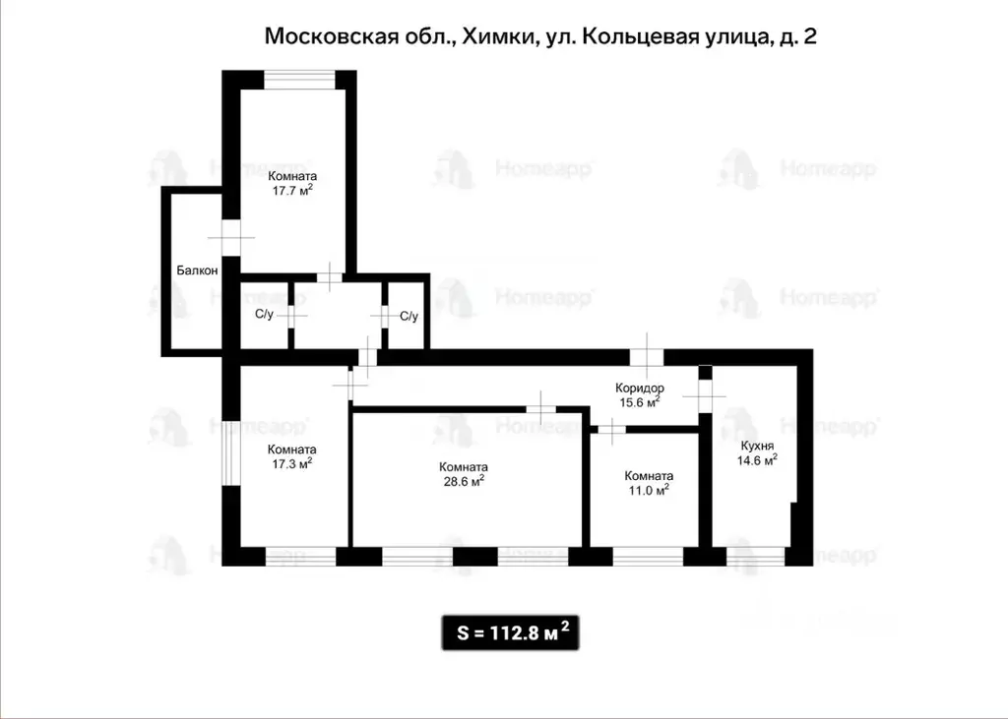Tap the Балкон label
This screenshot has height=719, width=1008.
coord(197,270)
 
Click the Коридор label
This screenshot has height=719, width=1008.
coord(641,389)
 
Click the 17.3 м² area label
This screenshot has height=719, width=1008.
coord(292,462)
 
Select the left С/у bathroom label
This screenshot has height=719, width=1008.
coord(264,315)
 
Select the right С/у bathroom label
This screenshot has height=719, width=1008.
coord(409,316)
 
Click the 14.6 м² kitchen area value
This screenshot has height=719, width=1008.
coord(758,457)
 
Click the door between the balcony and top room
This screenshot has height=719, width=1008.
coord(230,236)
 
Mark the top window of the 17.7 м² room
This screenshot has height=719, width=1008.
coord(299,80)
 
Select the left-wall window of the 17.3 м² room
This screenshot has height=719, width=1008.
coord(230,451)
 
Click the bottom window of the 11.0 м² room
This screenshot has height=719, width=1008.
coord(649,556)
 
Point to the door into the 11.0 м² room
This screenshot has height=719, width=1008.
coord(611,428)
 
